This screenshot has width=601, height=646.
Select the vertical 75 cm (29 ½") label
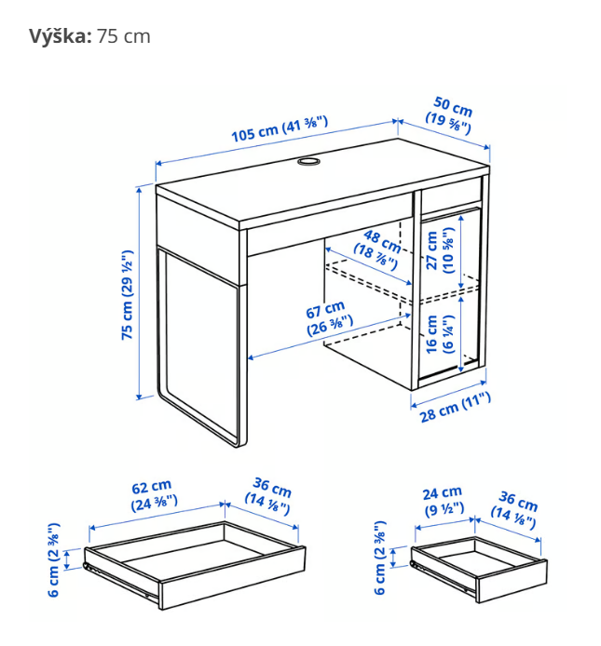click(x=128, y=297)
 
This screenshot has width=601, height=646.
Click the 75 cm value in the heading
click(x=124, y=36)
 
